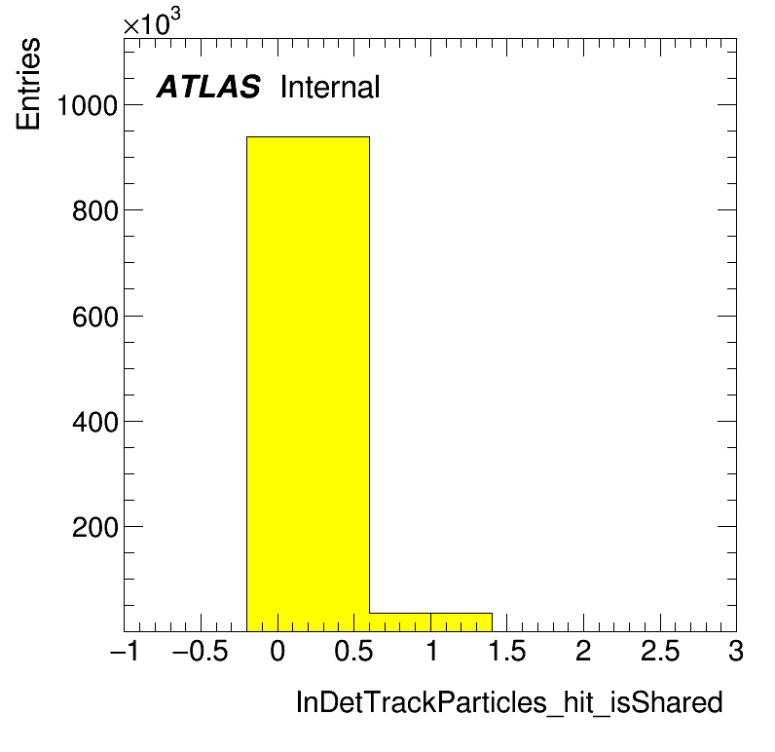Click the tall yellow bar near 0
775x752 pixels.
click(308, 384)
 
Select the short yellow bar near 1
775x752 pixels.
click(430, 622)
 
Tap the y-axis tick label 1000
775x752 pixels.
click(88, 105)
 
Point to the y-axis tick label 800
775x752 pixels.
click(95, 210)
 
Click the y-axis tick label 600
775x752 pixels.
click(95, 317)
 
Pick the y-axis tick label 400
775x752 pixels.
click(95, 422)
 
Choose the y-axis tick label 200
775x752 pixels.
click(95, 527)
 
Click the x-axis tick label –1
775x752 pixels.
click(125, 651)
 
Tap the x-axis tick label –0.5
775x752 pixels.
click(201, 651)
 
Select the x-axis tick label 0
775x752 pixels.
click(277, 651)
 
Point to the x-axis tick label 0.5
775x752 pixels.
click(353, 651)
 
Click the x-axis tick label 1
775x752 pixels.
click(431, 651)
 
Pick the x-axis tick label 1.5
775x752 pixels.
click(507, 651)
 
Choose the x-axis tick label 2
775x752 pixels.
click(584, 651)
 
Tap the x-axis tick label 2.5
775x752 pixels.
click(660, 651)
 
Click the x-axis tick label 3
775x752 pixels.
click(736, 651)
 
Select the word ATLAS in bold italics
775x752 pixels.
click(208, 87)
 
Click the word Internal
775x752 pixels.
click(330, 87)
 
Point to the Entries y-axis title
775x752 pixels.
click(28, 84)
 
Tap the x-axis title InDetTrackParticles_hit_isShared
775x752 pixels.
click(509, 702)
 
